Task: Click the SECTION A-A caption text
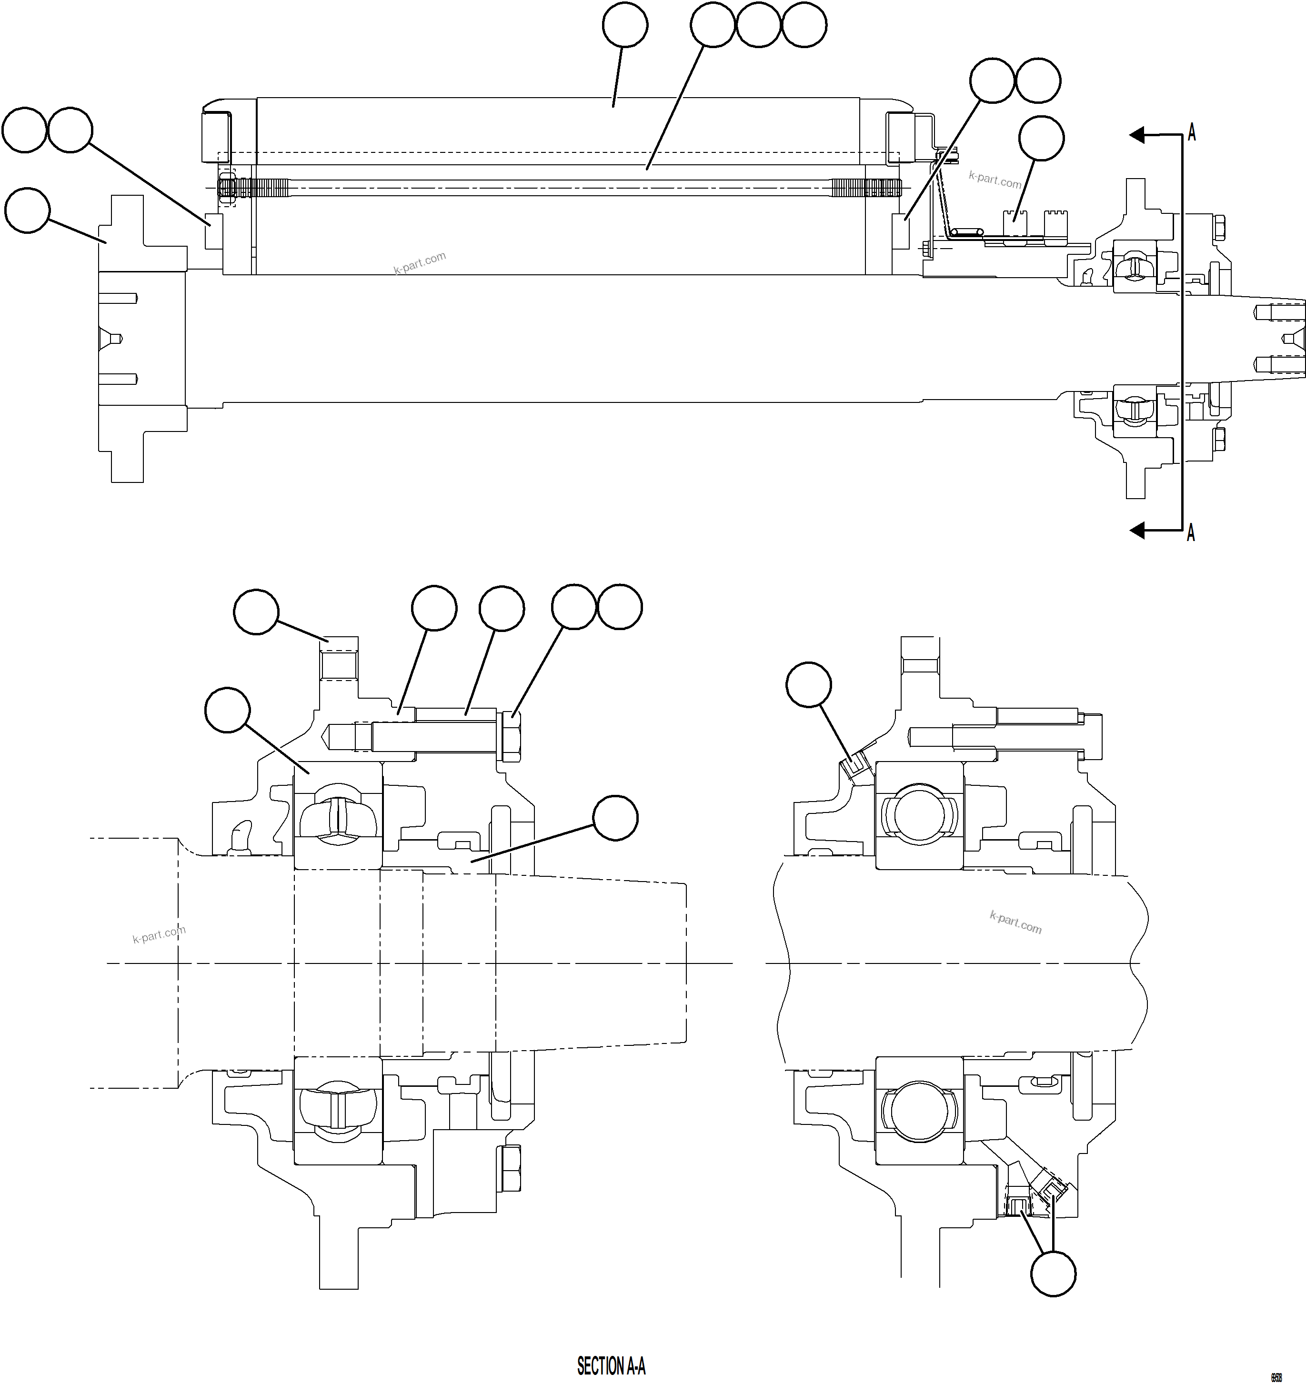pyautogui.click(x=611, y=1366)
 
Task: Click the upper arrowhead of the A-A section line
pyautogui.click(x=1137, y=134)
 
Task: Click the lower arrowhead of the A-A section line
pyautogui.click(x=1137, y=531)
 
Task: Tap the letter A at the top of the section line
pyautogui.click(x=1191, y=132)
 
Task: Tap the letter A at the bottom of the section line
pyautogui.click(x=1190, y=533)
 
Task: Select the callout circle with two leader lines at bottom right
pyautogui.click(x=1053, y=1274)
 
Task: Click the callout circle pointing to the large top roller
pyautogui.click(x=624, y=25)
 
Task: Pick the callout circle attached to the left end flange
pyautogui.click(x=27, y=210)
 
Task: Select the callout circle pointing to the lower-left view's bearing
pyautogui.click(x=228, y=710)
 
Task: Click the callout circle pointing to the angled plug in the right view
pyautogui.click(x=808, y=685)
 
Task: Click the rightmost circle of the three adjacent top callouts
pyautogui.click(x=804, y=25)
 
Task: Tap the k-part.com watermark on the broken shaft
pyautogui.click(x=1015, y=923)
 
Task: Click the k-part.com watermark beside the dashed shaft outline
pyautogui.click(x=159, y=934)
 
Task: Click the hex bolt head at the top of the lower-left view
pyautogui.click(x=511, y=736)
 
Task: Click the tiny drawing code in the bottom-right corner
pyautogui.click(x=1276, y=1376)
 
